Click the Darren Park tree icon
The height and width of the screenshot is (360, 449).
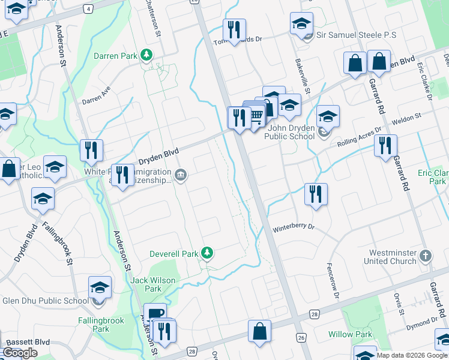pyautogui.click(x=146, y=56)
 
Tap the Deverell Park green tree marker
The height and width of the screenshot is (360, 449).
pyautogui.click(x=206, y=253)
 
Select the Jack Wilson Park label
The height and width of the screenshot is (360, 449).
pyautogui.click(x=153, y=284)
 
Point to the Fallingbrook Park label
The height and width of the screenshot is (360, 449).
pyautogui.click(x=101, y=325)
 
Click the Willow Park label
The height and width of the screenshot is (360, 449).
pyautogui.click(x=351, y=334)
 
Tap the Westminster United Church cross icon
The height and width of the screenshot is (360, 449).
pyautogui.click(x=425, y=256)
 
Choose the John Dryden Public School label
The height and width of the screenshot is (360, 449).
pyautogui.click(x=291, y=132)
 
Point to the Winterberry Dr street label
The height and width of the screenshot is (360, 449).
pyautogui.click(x=294, y=228)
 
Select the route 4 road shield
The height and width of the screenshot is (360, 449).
pyautogui.click(x=88, y=8)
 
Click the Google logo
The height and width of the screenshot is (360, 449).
pyautogui.click(x=20, y=353)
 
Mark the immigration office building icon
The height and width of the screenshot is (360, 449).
pyautogui.click(x=181, y=176)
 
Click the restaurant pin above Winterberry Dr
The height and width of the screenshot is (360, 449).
pyautogui.click(x=316, y=194)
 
